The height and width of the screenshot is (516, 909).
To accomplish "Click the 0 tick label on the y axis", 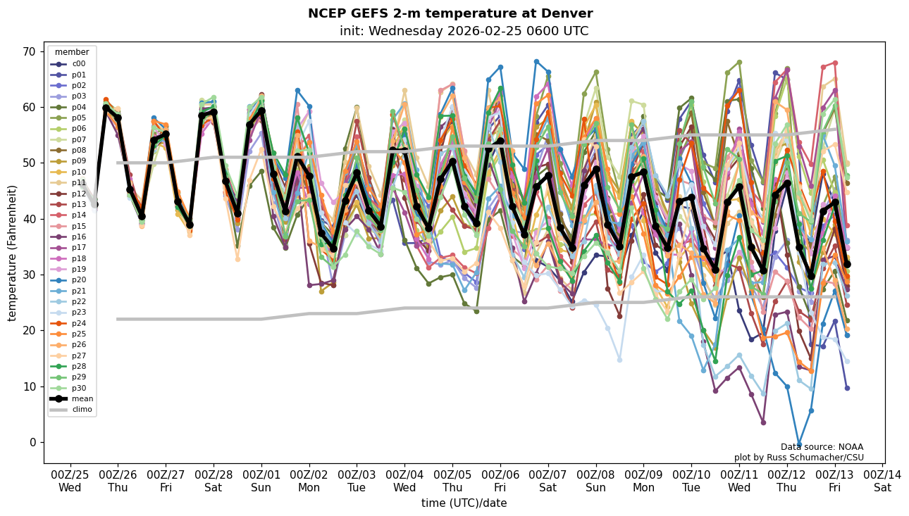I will click(32, 442).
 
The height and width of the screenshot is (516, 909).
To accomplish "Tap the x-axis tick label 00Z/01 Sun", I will click(261, 481).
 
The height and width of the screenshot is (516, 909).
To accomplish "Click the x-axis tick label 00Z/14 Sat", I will click(882, 481).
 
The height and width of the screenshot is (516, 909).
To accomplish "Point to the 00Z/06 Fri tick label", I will click(500, 481).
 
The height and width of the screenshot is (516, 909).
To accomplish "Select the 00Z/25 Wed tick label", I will click(70, 481).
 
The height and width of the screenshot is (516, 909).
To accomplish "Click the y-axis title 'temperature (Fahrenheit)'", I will click(13, 253).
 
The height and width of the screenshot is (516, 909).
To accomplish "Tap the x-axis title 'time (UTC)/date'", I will click(464, 503).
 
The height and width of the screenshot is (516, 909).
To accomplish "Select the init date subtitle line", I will click(464, 31).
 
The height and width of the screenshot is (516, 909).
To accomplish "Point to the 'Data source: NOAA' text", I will click(822, 447).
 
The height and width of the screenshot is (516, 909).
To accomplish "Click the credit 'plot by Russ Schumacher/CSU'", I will click(798, 458).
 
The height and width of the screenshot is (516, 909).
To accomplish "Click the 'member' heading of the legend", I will click(72, 52).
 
